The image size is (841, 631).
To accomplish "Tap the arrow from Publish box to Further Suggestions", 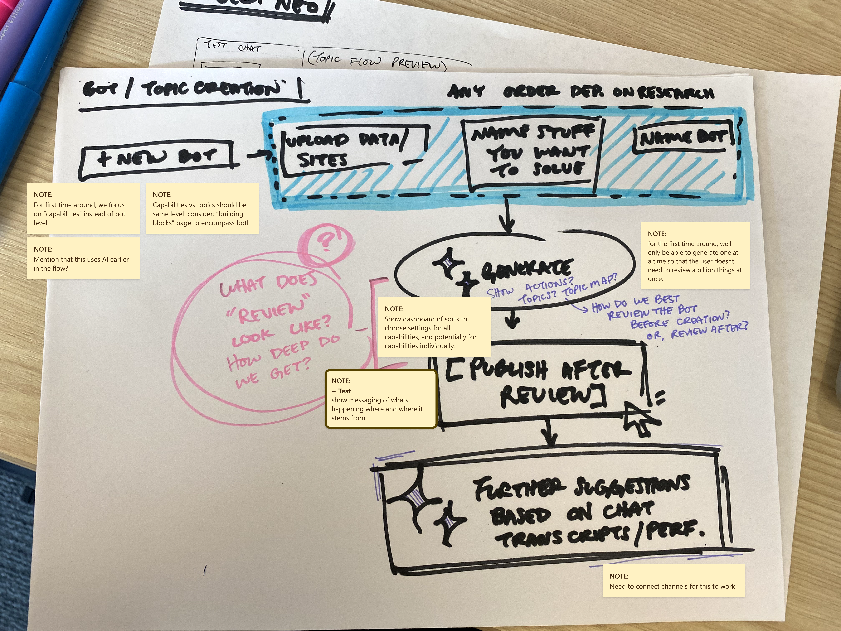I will click(x=549, y=432).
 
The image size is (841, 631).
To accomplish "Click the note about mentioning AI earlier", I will click(x=83, y=259).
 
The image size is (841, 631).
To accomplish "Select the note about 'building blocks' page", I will click(x=202, y=208).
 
